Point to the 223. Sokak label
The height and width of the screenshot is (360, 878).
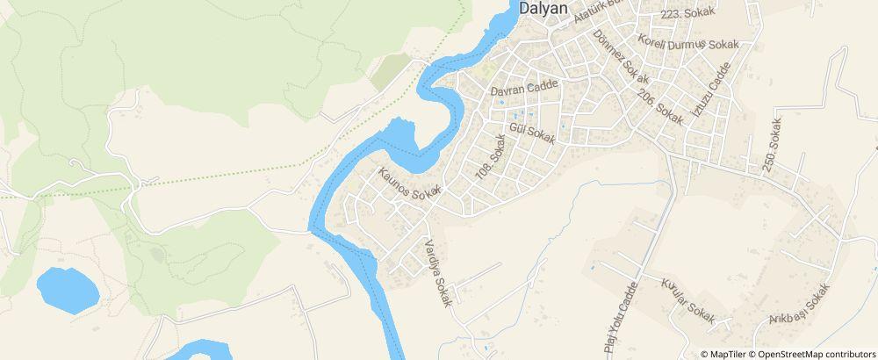[x=688, y=13]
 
